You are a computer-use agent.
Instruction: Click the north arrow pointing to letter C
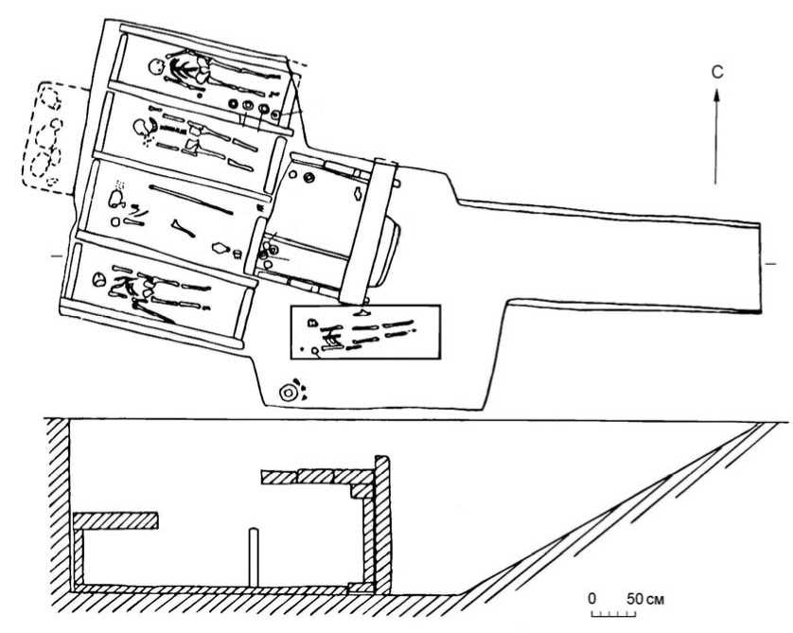click(716, 132)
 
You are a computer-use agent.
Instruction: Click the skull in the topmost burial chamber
click(155, 68)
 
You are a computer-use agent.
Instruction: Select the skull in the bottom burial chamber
click(97, 280)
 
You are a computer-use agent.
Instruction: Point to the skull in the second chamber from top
click(141, 124)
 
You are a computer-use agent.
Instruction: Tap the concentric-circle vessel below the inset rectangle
click(287, 392)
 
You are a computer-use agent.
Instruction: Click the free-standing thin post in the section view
click(253, 557)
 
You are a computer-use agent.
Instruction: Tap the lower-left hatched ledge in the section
click(115, 519)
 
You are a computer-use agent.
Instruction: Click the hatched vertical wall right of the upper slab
click(382, 520)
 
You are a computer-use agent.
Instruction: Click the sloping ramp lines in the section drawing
click(653, 511)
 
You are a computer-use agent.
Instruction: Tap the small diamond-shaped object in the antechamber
click(358, 196)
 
